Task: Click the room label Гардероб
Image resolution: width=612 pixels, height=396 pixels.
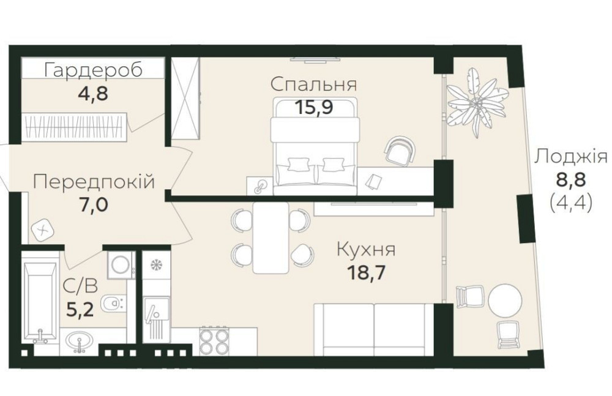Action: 94,70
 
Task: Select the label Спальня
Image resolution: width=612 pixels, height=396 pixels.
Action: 313,84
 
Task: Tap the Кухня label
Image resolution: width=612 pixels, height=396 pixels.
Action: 366,250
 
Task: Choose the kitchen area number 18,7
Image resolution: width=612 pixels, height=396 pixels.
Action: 366,271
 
